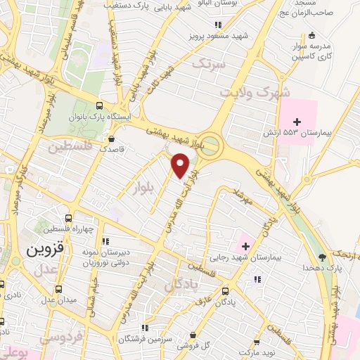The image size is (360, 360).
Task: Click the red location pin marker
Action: tap(181, 166)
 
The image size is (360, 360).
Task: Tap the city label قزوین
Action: tap(45, 249)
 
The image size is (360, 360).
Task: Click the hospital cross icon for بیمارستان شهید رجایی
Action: tap(245, 246)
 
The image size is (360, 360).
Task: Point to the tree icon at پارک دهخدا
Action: tap(322, 257)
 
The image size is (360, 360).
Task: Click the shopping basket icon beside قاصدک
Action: tap(113, 139)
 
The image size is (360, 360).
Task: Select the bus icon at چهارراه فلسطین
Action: tap(67, 219)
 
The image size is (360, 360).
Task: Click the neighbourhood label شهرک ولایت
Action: tap(244, 91)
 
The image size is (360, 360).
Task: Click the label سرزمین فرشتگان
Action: tap(146, 338)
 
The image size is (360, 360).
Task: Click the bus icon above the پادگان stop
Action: tap(225, 290)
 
